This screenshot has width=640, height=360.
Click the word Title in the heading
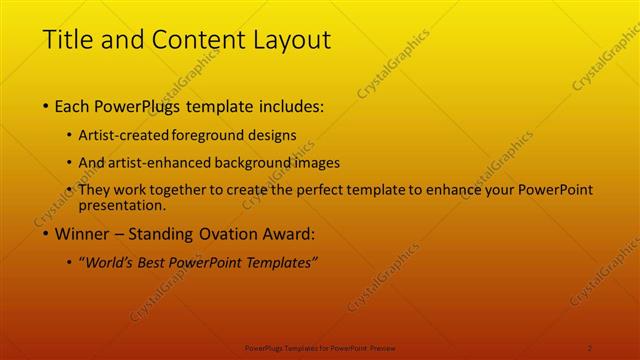68,41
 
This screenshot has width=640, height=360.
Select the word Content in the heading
191,41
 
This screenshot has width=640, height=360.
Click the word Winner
82,235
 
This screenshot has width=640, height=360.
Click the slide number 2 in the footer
590,347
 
